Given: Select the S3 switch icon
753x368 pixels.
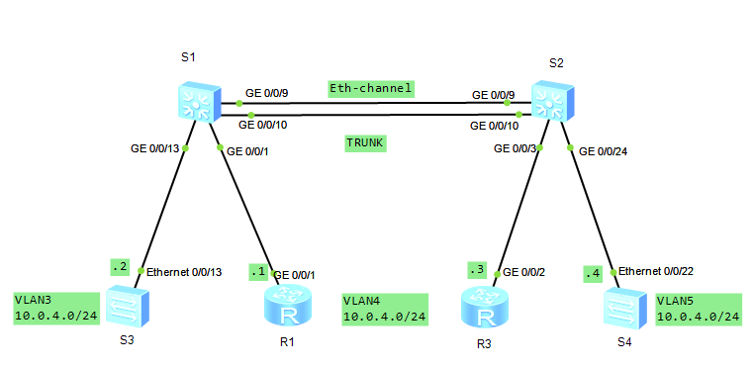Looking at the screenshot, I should tap(126, 306).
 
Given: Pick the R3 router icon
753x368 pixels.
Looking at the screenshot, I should tap(483, 308).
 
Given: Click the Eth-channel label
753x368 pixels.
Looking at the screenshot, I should tap(370, 88).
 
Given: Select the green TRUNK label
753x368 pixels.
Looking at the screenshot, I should tap(364, 143).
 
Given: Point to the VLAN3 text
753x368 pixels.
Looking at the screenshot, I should tap(34, 299).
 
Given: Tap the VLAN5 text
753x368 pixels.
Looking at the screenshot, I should tap(678, 299).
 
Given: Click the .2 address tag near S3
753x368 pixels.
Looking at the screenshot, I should tap(121, 266).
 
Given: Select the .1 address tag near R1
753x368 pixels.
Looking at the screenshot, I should tap(258, 271).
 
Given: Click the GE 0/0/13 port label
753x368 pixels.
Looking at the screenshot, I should tap(156, 148).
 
